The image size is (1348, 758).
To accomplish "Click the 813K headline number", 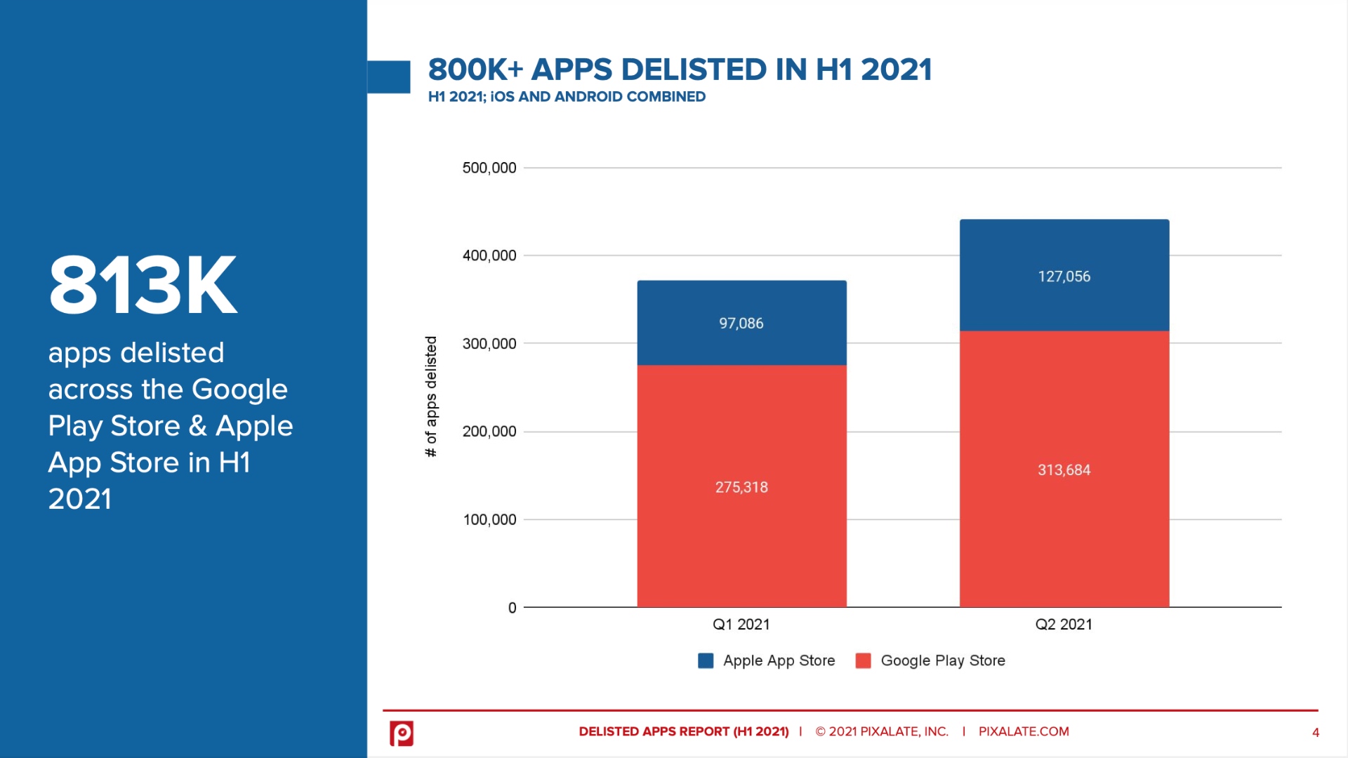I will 143,285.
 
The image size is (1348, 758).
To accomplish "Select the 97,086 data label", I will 741,324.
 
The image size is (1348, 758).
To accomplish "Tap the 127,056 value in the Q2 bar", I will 1064,277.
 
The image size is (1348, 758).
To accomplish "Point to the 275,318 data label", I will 741,487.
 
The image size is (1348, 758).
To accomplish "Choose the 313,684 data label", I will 1064,470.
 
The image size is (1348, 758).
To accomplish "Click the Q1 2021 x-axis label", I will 741,625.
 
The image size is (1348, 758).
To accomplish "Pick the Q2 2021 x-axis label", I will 1064,625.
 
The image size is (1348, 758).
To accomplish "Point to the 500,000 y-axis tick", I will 489,168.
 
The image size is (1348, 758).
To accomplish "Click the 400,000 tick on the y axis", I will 489,255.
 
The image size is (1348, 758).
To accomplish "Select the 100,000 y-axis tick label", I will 489,520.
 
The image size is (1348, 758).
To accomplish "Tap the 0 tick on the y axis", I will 512,608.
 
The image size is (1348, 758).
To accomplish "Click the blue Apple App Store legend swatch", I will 706,660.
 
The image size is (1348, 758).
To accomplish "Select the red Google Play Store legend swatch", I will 863,660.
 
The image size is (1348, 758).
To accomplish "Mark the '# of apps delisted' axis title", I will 431,397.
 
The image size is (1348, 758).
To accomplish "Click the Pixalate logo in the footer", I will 402,733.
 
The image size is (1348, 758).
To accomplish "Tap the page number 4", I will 1315,733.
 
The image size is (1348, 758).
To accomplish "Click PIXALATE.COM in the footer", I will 1023,731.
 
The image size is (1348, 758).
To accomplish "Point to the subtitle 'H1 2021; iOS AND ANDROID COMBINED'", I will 567,97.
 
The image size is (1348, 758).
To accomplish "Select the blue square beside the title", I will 388,77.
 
